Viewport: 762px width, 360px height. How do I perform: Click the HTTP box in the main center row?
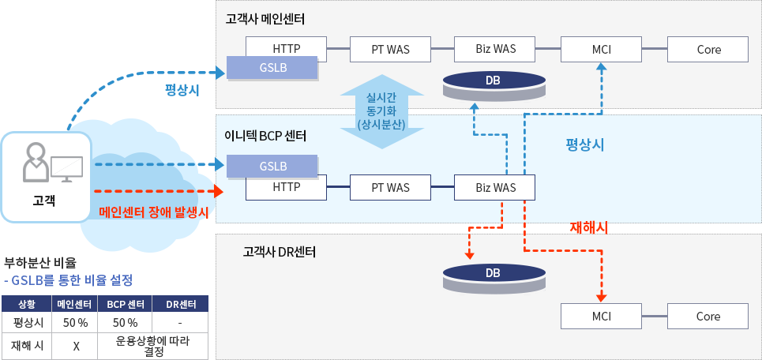tap(286, 49)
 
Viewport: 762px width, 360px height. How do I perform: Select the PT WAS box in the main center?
tap(390, 49)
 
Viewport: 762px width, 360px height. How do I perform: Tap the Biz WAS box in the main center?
tap(495, 49)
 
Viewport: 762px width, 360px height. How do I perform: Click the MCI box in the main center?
tap(601, 49)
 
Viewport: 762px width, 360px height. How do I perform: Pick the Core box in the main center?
tap(708, 49)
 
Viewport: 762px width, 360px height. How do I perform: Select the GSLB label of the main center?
tap(272, 68)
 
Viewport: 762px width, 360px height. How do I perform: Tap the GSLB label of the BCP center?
tap(272, 167)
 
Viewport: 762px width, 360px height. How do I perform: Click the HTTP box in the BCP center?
tap(286, 187)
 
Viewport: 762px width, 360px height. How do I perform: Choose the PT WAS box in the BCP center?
tap(390, 187)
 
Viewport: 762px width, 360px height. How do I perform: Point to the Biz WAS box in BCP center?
tap(495, 187)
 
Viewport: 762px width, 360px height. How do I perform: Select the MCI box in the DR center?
tap(601, 316)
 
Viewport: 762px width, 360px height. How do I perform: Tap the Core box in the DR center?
tap(708, 316)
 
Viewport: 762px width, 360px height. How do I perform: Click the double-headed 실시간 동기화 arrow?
tap(381, 111)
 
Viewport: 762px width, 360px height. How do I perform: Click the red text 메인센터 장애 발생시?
tap(154, 212)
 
